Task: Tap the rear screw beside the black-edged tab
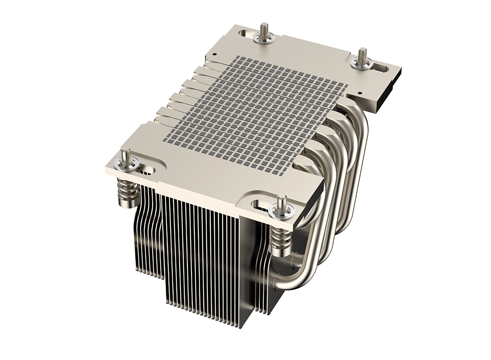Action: [x=362, y=57]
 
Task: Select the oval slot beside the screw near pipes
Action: [x=262, y=203]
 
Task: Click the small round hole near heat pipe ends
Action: [x=359, y=93]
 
